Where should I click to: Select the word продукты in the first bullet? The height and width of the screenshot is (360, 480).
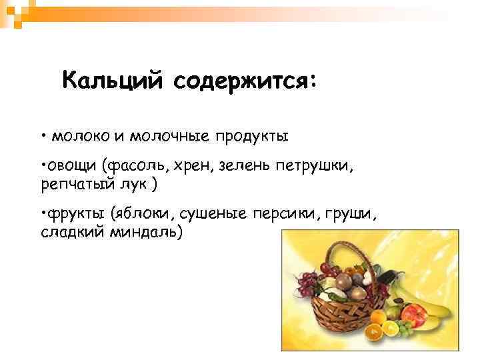(251, 137)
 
